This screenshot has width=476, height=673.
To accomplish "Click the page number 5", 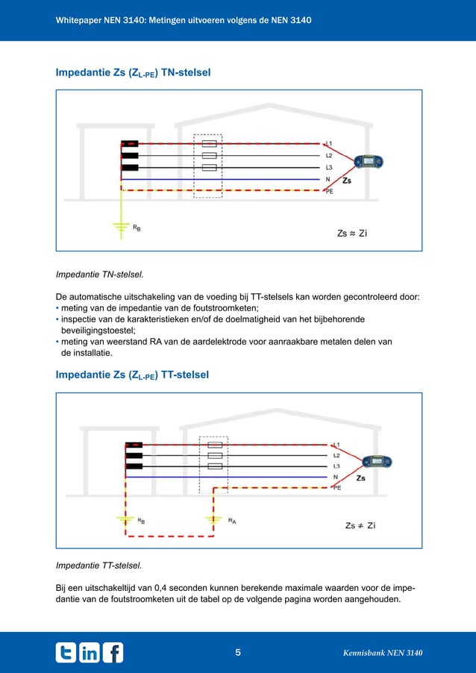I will pyautogui.click(x=237, y=654).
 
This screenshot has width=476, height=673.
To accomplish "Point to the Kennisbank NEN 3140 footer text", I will pyautogui.click(x=382, y=654).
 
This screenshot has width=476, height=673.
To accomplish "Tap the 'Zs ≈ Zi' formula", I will pyautogui.click(x=352, y=234).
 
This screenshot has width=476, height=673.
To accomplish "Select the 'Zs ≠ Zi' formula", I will pyautogui.click(x=360, y=525).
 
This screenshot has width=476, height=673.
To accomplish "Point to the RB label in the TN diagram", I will pyautogui.click(x=137, y=228).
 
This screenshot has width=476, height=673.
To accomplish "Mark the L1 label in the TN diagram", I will pyautogui.click(x=329, y=143).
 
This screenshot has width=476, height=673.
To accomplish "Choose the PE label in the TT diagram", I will pyautogui.click(x=336, y=488).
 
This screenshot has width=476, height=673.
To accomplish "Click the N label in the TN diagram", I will pyautogui.click(x=328, y=180).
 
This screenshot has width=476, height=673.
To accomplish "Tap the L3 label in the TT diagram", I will pyautogui.click(x=336, y=466).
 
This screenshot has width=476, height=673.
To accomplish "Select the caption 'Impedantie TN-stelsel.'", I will pyautogui.click(x=99, y=275).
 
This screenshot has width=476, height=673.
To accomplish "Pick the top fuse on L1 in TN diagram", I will pyautogui.click(x=210, y=143).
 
